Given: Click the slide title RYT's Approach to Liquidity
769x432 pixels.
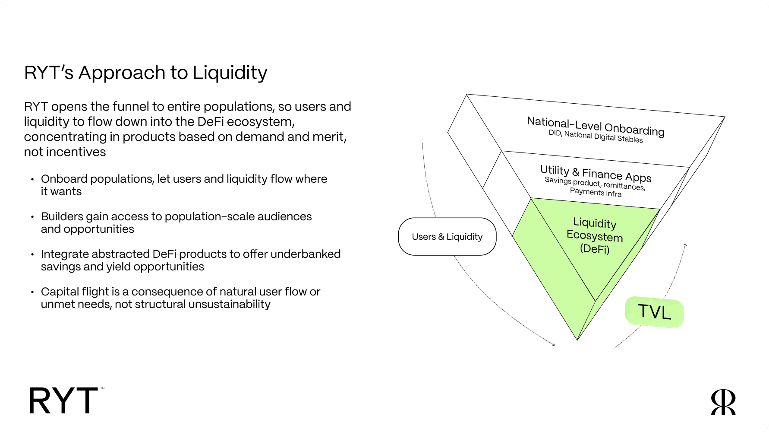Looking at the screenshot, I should (145, 73).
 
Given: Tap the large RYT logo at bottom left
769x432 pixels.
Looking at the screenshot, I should (64, 400).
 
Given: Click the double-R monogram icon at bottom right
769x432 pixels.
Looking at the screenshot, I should (723, 402).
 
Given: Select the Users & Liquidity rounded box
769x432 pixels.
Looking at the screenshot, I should (447, 237).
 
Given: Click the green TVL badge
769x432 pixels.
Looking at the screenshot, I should (654, 312).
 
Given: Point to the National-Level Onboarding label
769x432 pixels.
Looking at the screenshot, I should (596, 126).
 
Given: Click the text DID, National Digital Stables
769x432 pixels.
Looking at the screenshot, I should (596, 137).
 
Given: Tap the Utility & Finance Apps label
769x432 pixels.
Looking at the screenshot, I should (596, 173).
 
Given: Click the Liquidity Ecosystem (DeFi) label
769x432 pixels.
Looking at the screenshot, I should (595, 236).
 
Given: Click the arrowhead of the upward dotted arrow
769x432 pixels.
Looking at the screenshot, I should (685, 245).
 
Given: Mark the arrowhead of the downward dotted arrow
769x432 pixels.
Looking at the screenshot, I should (553, 344).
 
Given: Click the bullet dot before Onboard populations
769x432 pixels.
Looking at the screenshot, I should (32, 179).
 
